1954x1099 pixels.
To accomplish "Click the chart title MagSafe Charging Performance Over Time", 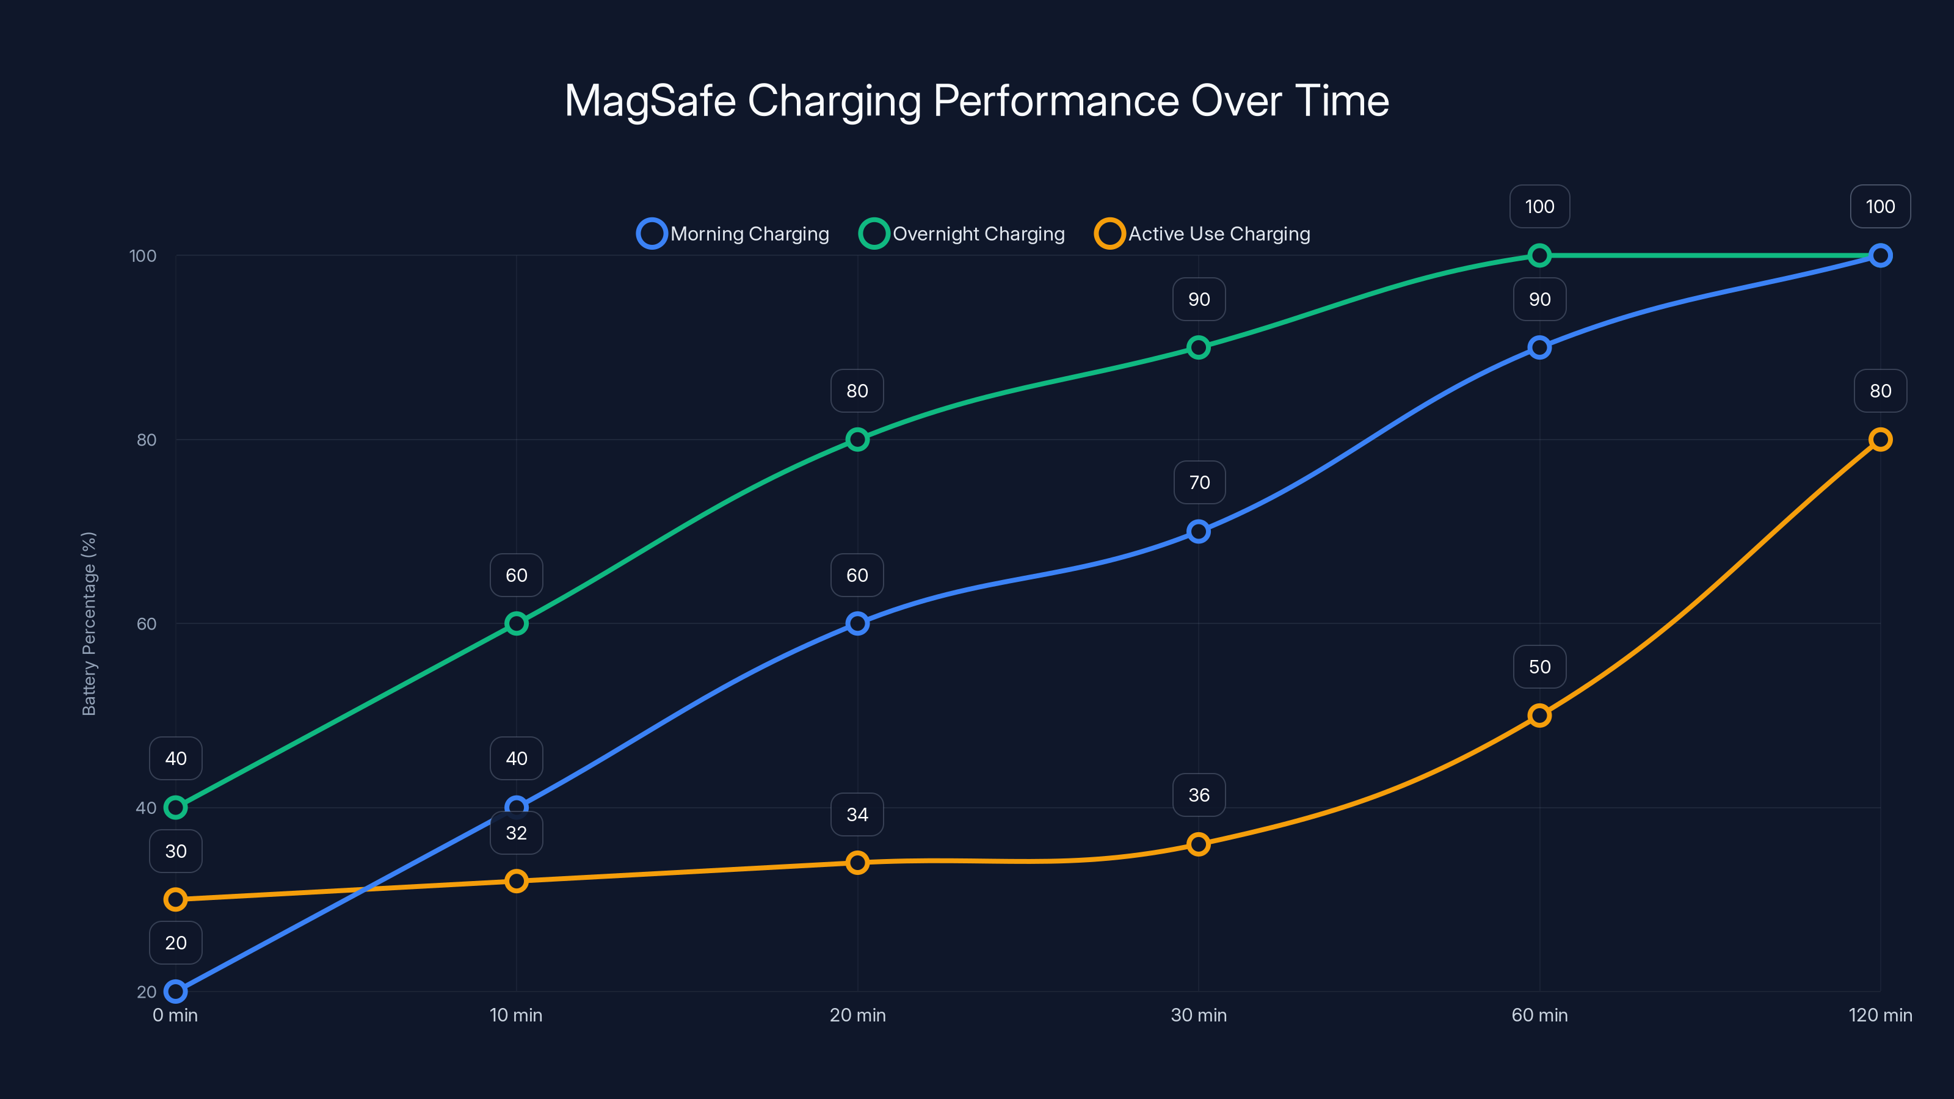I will [x=976, y=101].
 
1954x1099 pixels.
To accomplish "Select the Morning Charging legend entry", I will [x=733, y=234].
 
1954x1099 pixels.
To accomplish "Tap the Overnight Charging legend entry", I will [x=962, y=234].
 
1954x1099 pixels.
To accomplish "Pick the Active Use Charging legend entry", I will [x=1202, y=234].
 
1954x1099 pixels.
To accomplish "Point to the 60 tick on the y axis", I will [x=147, y=623].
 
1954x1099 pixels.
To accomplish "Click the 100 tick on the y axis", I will [x=143, y=256].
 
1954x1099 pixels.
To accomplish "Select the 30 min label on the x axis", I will [x=1199, y=1015].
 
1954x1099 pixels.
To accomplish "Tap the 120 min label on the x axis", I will [x=1880, y=1015].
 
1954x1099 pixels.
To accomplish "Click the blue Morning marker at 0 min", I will [x=175, y=992].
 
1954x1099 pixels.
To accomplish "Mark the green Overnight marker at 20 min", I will [x=857, y=439].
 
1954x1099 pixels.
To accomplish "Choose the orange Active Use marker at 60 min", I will [x=1539, y=715].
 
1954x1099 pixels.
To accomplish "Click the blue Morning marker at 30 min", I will [x=1199, y=531].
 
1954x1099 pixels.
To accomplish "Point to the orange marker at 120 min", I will [x=1880, y=439].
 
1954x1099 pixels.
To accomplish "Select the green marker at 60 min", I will [x=1539, y=256].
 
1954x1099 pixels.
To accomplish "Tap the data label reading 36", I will [x=1199, y=795].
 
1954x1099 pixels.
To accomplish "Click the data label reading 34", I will [x=857, y=814].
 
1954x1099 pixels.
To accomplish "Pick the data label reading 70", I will [x=1199, y=482].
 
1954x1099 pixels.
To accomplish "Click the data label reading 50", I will [x=1539, y=667].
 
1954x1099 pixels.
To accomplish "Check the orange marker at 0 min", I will [x=175, y=899].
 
